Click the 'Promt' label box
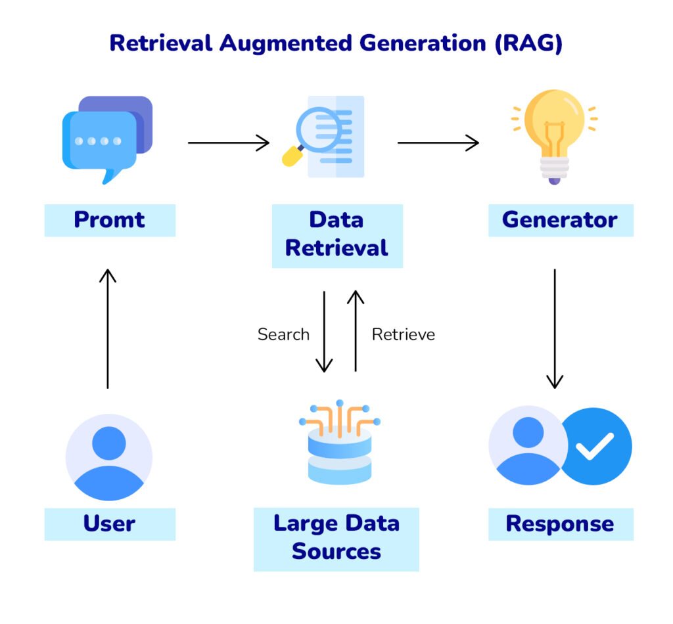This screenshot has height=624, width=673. [110, 220]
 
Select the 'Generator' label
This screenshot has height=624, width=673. [560, 220]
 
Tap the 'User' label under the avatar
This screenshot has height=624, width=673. [110, 524]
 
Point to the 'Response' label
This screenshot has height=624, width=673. [560, 524]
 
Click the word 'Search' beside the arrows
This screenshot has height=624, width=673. [283, 334]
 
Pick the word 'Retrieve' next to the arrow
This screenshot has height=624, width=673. [404, 334]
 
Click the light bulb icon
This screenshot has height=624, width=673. [554, 135]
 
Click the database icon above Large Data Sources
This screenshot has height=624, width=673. [340, 443]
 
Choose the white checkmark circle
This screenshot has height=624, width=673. [595, 446]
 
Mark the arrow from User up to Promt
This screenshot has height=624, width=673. [108, 328]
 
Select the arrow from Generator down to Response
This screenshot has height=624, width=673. [555, 328]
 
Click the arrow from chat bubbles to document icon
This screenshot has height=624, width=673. [229, 143]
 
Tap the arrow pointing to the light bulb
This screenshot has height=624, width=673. [438, 143]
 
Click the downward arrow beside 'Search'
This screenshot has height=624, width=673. [324, 331]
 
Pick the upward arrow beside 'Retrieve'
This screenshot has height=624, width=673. [356, 331]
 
